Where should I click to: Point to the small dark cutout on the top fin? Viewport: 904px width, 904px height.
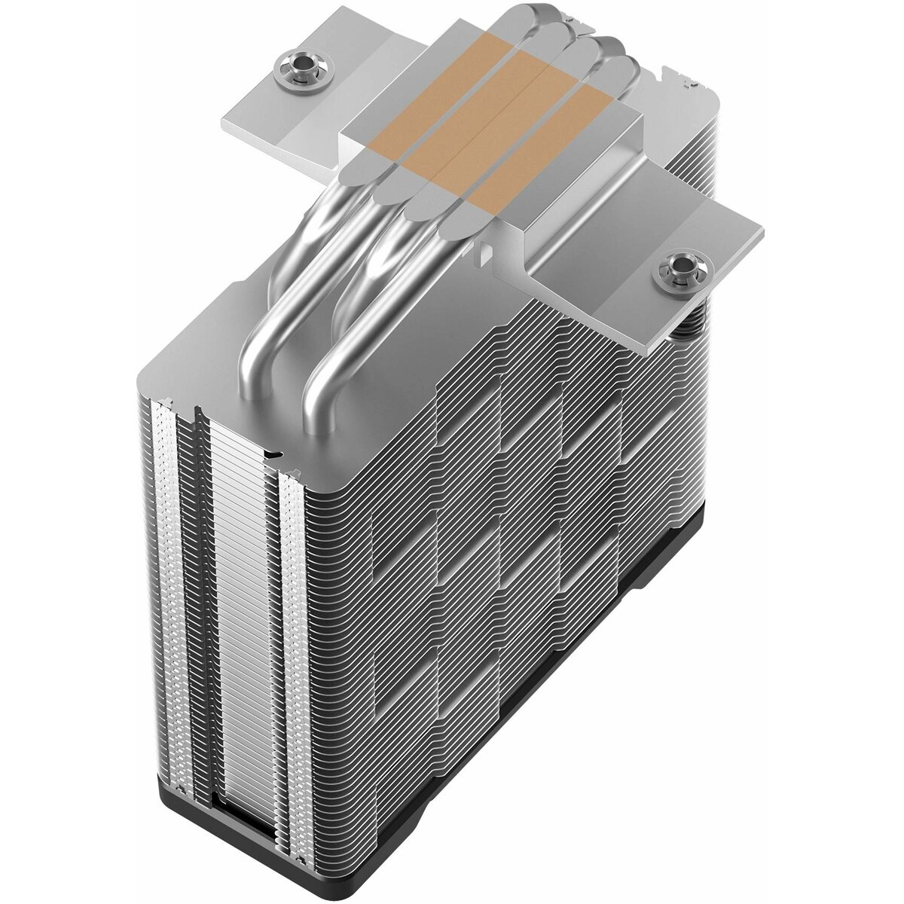tap(275, 456)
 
